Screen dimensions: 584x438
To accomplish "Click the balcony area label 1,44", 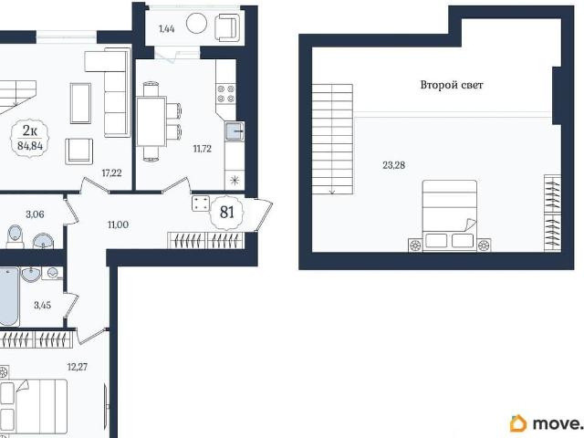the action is pyautogui.click(x=166, y=28).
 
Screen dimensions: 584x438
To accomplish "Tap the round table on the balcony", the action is pyautogui.click(x=196, y=24).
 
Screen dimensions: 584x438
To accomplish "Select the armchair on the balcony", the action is pyautogui.click(x=226, y=26).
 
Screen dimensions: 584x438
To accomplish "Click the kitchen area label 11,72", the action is pyautogui.click(x=203, y=149).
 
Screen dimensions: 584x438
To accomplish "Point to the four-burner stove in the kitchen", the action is pyautogui.click(x=226, y=93).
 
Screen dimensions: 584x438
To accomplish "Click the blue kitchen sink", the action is pyautogui.click(x=235, y=131).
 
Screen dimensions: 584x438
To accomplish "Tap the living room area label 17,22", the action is pyautogui.click(x=111, y=172).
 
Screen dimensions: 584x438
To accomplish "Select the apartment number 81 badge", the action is pyautogui.click(x=227, y=212).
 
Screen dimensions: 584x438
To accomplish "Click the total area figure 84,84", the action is pyautogui.click(x=30, y=146).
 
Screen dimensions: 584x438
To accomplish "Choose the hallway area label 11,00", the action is pyautogui.click(x=118, y=224).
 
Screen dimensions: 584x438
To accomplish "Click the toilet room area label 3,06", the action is pyautogui.click(x=35, y=214).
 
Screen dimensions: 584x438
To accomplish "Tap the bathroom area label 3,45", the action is pyautogui.click(x=43, y=306).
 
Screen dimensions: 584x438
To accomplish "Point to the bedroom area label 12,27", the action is pyautogui.click(x=78, y=367).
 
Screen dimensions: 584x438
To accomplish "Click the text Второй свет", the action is pyautogui.click(x=452, y=85).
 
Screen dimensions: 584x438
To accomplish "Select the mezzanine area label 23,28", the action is pyautogui.click(x=393, y=164).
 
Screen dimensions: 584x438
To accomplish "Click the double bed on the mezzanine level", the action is pyautogui.click(x=450, y=215).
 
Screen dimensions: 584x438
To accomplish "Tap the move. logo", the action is pyautogui.click(x=546, y=423).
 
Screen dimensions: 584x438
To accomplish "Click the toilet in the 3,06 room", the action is pyautogui.click(x=15, y=236).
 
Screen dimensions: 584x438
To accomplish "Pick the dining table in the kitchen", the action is pyautogui.click(x=151, y=121).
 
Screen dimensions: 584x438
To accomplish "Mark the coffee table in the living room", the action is pyautogui.click(x=80, y=103).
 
